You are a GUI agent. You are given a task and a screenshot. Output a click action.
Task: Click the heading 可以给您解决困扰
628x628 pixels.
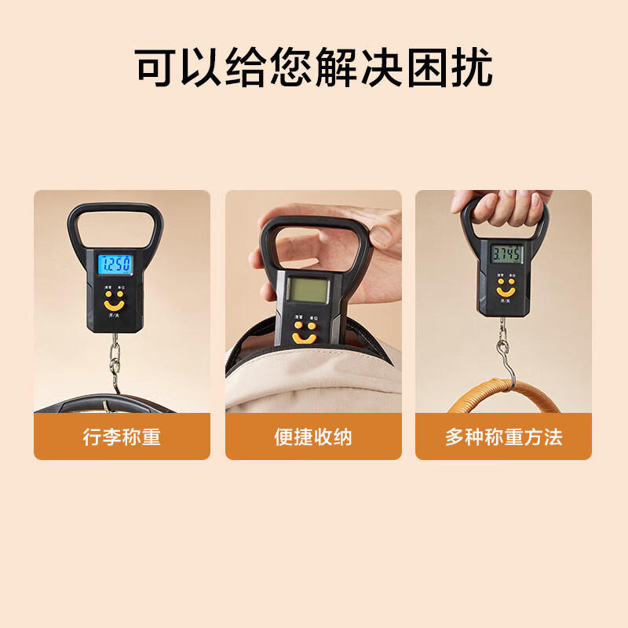(314, 68)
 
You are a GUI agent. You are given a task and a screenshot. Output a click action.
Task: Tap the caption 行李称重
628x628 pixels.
(122, 437)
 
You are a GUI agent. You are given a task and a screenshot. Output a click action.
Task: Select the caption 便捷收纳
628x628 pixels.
(313, 437)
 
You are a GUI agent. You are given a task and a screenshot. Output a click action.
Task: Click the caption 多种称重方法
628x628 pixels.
(503, 437)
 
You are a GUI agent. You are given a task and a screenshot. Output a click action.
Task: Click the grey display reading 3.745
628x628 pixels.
(506, 254)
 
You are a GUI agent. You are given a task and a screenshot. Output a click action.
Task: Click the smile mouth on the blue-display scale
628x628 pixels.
(115, 304)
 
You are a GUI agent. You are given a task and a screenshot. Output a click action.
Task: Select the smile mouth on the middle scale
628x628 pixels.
(304, 339)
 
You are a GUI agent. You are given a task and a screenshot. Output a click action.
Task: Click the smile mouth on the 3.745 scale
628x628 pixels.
(506, 292)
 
